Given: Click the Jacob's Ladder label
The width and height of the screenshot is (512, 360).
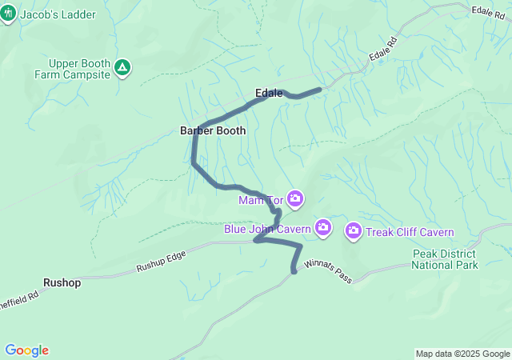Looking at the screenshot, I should pyautogui.click(x=57, y=14).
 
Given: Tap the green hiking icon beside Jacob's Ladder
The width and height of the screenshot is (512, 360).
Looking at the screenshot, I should pyautogui.click(x=10, y=14).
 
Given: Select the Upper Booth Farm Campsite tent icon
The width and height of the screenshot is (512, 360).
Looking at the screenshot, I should pyautogui.click(x=122, y=67).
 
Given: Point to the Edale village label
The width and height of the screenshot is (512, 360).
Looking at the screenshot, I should pyautogui.click(x=269, y=93).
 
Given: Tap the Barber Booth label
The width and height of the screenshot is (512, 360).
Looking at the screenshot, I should pyautogui.click(x=213, y=130).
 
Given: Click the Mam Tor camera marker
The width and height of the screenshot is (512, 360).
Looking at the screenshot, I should pyautogui.click(x=295, y=198).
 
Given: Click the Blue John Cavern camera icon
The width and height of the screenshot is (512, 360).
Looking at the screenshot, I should pyautogui.click(x=323, y=228).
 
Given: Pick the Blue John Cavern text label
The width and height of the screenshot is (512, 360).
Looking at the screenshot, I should pyautogui.click(x=266, y=230).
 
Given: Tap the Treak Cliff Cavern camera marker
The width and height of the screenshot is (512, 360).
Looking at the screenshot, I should pyautogui.click(x=353, y=232).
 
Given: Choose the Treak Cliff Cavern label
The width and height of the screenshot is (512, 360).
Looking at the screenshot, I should pyautogui.click(x=410, y=233).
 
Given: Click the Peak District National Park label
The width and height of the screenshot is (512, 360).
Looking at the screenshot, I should pyautogui.click(x=445, y=259).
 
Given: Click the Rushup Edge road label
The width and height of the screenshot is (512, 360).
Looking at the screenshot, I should pyautogui.click(x=161, y=260).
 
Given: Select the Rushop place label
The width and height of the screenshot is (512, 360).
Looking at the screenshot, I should pyautogui.click(x=61, y=282).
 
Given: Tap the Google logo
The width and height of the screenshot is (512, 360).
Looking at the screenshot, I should pyautogui.click(x=26, y=350).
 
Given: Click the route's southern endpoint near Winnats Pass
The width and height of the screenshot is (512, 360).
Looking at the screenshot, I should pyautogui.click(x=294, y=271).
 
